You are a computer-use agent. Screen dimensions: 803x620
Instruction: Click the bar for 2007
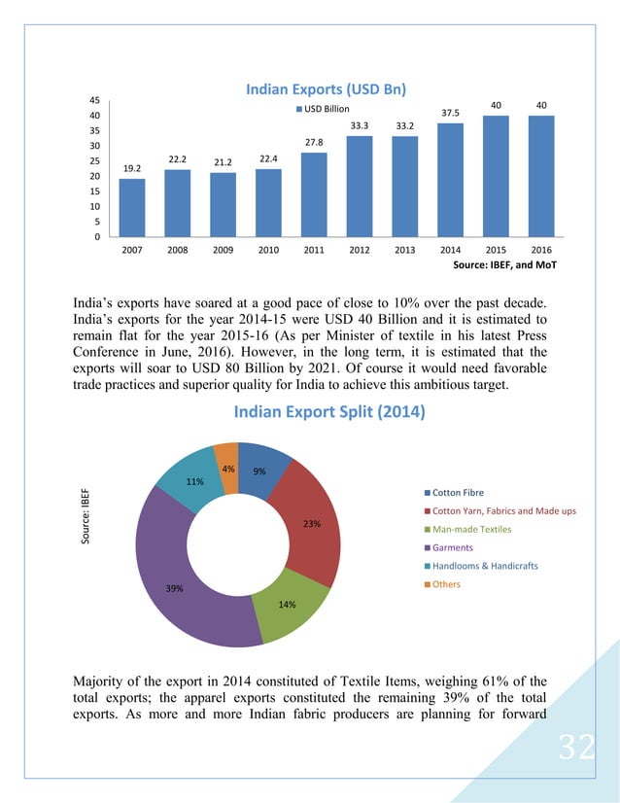pyautogui.click(x=131, y=208)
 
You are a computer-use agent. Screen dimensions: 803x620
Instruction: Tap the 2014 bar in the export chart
pyautogui.click(x=450, y=180)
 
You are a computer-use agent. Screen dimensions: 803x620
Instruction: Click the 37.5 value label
pyautogui.click(x=450, y=113)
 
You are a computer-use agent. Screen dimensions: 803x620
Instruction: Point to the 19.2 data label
pyautogui.click(x=131, y=168)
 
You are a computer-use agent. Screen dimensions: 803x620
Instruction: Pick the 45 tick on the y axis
pyautogui.click(x=93, y=100)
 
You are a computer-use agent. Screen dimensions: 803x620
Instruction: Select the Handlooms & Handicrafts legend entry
pyautogui.click(x=484, y=566)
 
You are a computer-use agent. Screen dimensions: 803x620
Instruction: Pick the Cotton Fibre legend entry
pyautogui.click(x=457, y=493)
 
